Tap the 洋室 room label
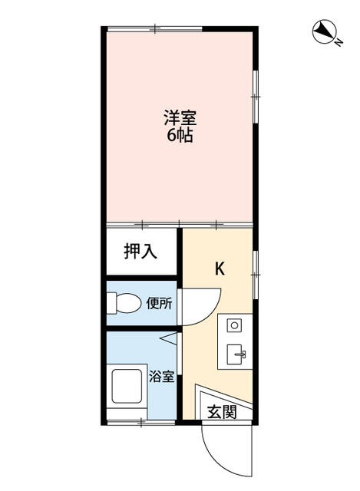click(180, 120)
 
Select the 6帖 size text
click(180, 137)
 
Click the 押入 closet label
click(141, 251)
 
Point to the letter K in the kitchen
click(219, 269)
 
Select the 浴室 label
click(161, 377)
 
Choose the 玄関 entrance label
click(220, 412)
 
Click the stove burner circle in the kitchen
click(234, 325)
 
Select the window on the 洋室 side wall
click(256, 96)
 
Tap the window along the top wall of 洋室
click(154, 29)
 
